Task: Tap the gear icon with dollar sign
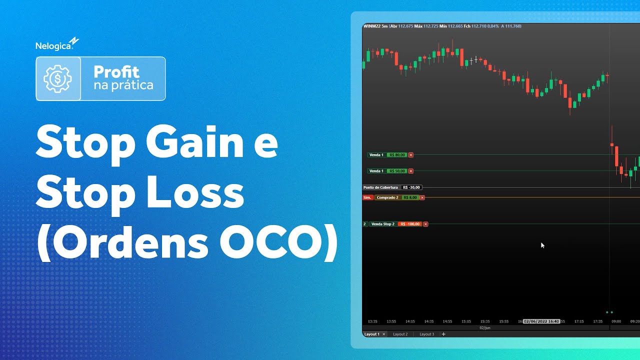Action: pyautogui.click(x=58, y=78)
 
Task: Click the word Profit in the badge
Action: pyautogui.click(x=116, y=72)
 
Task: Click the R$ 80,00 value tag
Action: pyautogui.click(x=397, y=155)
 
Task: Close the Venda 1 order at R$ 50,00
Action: pyautogui.click(x=411, y=171)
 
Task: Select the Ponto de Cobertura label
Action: pyautogui.click(x=380, y=187)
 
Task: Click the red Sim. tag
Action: pyautogui.click(x=367, y=197)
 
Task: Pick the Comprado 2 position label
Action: pyautogui.click(x=387, y=197)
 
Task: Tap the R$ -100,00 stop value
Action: pyautogui.click(x=409, y=224)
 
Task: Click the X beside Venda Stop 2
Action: pyautogui.click(x=425, y=224)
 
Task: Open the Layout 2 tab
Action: pyautogui.click(x=400, y=334)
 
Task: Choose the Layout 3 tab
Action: pyautogui.click(x=426, y=334)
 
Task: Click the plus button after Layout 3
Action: pyautogui.click(x=443, y=334)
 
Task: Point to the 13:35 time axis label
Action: pyautogui.click(x=372, y=321)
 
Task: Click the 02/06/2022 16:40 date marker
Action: pyautogui.click(x=541, y=321)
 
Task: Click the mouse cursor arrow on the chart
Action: pyautogui.click(x=542, y=244)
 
